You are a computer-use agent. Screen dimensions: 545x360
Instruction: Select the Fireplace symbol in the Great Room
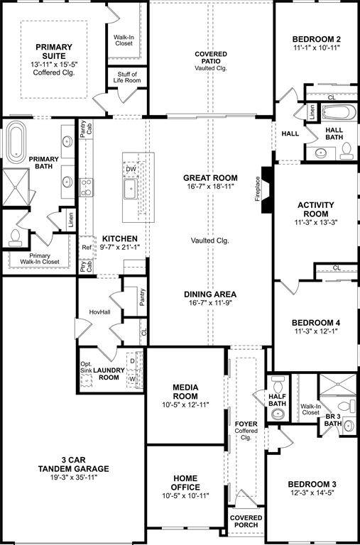point(266,190)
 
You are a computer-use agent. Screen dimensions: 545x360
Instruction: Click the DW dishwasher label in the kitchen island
point(131,170)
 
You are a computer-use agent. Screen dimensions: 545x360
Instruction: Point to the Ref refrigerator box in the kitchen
point(87,248)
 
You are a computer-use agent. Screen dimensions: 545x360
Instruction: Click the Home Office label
point(185,483)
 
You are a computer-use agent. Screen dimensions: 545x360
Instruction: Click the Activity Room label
point(311,209)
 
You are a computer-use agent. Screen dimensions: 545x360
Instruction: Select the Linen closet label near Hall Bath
point(312,111)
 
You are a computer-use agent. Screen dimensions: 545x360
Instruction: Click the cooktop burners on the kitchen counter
point(87,187)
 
